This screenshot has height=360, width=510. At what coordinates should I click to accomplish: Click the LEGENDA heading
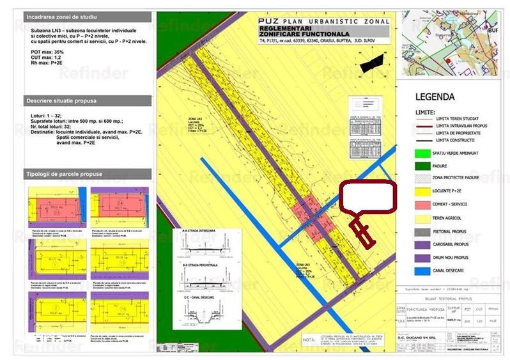[435, 98]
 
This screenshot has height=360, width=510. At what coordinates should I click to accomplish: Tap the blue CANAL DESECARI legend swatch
[420, 270]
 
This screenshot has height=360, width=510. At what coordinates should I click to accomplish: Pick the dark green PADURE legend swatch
[420, 166]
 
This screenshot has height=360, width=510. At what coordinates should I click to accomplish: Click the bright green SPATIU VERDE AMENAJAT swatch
[420, 153]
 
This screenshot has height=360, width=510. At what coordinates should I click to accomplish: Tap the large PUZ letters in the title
[267, 22]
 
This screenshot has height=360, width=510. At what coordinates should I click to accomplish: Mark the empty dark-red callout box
[367, 197]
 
